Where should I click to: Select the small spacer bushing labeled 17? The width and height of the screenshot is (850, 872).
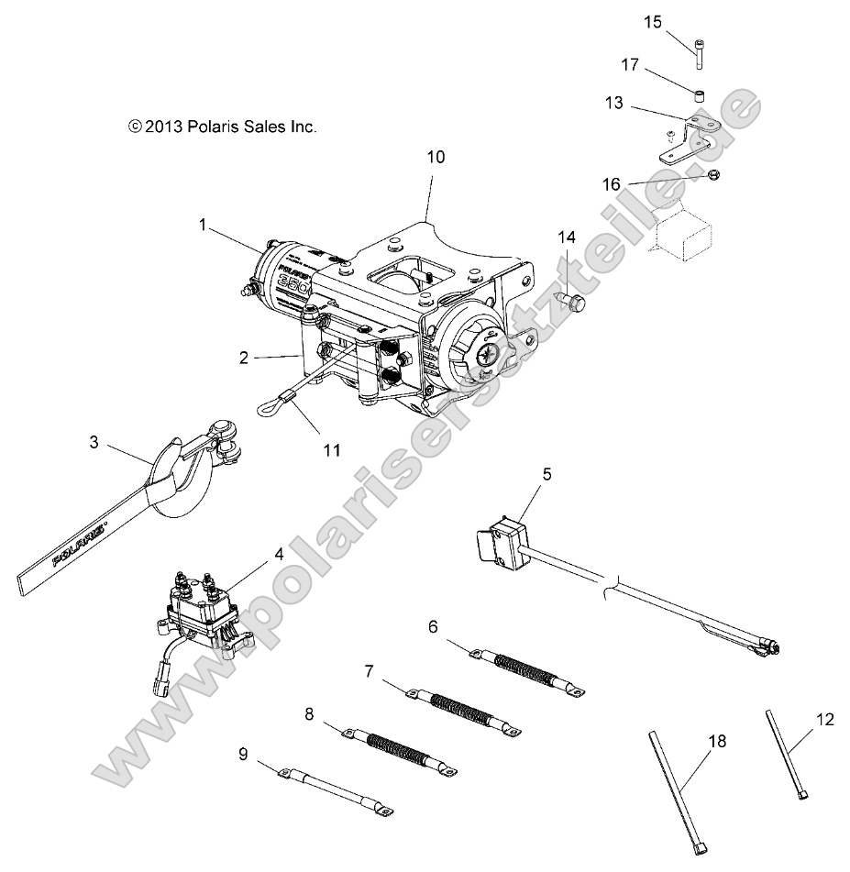(x=699, y=94)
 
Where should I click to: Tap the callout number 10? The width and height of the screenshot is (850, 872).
(x=436, y=157)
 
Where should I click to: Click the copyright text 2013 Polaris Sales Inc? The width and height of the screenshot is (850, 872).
(x=223, y=127)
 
